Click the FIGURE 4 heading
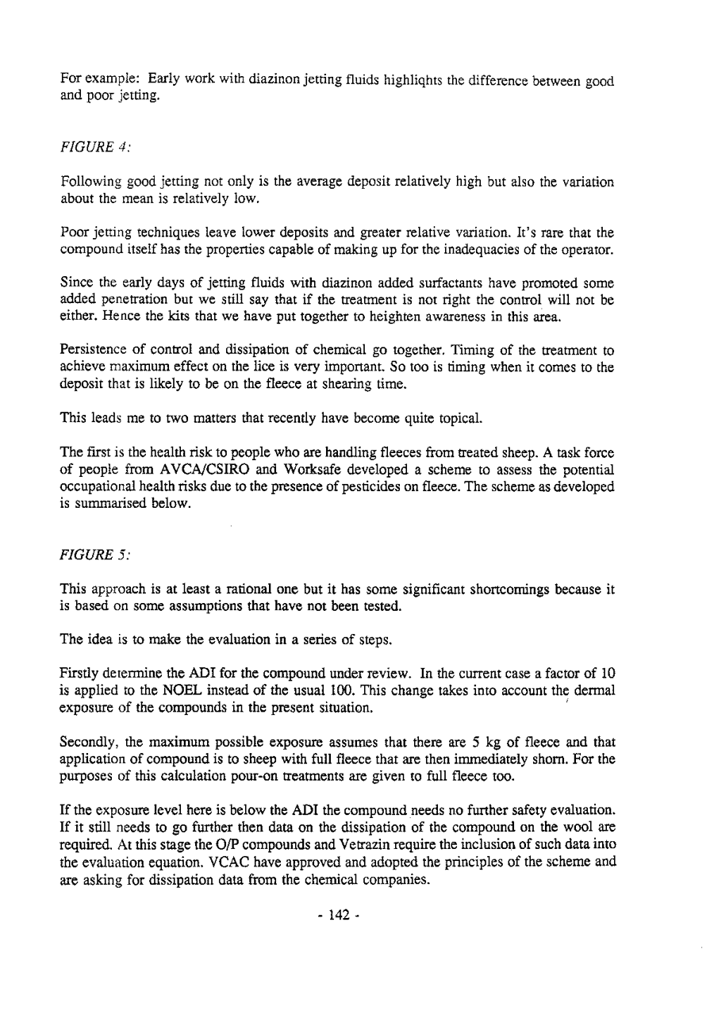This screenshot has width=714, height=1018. (x=90, y=146)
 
